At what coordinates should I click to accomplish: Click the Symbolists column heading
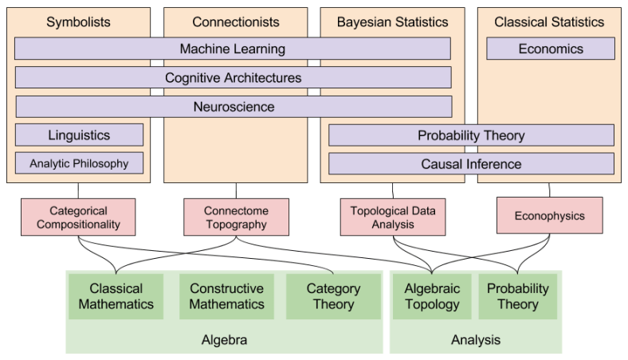78,22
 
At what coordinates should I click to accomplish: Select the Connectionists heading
236,22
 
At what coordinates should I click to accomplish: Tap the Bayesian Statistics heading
391,22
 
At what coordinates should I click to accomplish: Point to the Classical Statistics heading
549,22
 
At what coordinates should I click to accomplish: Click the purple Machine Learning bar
232,49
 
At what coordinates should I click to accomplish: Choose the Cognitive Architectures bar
233,78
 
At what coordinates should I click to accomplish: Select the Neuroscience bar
234,107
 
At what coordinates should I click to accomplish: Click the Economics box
551,49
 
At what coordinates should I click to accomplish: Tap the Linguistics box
79,135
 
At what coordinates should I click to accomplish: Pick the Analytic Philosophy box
79,164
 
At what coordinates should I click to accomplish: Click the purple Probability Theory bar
471,135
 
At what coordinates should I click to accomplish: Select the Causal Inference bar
471,164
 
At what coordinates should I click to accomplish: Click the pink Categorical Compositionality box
78,217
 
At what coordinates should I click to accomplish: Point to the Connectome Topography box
236,217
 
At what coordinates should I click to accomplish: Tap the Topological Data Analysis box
393,217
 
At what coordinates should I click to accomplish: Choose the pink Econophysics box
549,216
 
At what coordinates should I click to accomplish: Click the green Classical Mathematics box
116,296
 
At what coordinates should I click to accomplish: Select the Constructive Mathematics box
226,296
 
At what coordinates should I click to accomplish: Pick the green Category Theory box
333,296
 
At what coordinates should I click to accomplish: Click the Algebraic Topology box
433,296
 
